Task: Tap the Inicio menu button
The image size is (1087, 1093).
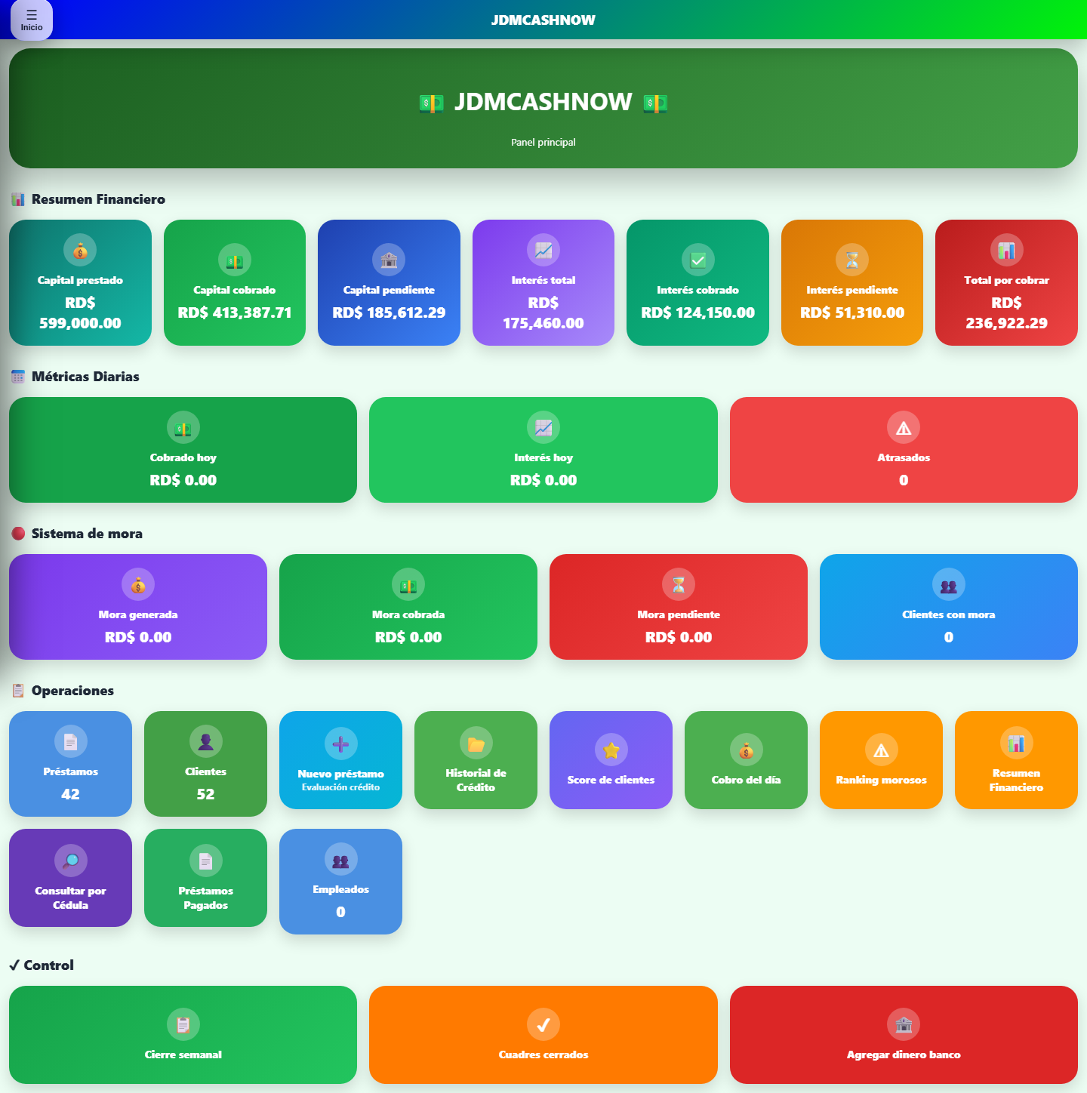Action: (32, 20)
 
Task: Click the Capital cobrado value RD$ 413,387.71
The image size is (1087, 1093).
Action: (234, 313)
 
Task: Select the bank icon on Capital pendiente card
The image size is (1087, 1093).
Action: (389, 260)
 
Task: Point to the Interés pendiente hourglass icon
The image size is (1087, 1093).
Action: (851, 260)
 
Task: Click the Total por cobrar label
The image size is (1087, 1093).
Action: (1006, 280)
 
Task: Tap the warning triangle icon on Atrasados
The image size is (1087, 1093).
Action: (903, 428)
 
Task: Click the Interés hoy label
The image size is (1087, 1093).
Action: (543, 457)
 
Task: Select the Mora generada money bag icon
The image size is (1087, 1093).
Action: (138, 585)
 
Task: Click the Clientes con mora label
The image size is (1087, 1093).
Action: (948, 615)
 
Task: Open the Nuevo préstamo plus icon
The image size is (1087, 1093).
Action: (340, 744)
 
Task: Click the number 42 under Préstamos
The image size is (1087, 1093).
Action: (70, 794)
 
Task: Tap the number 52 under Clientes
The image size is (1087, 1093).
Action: (205, 794)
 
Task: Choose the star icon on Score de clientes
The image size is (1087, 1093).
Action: (611, 750)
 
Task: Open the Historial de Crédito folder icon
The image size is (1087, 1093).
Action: (476, 743)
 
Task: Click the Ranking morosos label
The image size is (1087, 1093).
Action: (880, 780)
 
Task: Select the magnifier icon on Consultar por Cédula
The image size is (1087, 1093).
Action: (70, 861)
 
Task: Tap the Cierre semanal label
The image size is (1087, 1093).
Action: (183, 1055)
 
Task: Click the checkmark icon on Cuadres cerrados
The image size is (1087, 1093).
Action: (543, 1024)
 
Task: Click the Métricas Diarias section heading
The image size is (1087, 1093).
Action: (85, 377)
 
